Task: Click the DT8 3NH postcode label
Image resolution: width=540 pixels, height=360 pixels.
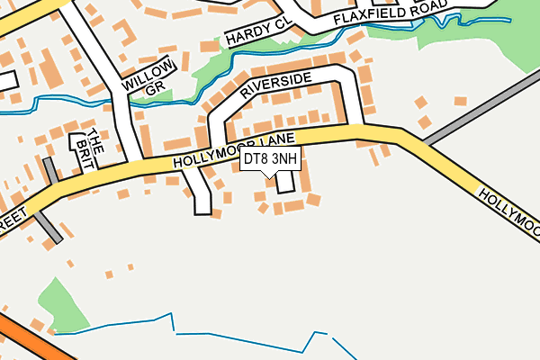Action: pos(270,159)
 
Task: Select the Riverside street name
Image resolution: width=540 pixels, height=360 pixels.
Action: pos(276,89)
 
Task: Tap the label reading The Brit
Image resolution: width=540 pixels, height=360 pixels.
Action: pos(91,150)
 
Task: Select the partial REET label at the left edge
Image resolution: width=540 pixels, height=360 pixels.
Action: pos(13,221)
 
